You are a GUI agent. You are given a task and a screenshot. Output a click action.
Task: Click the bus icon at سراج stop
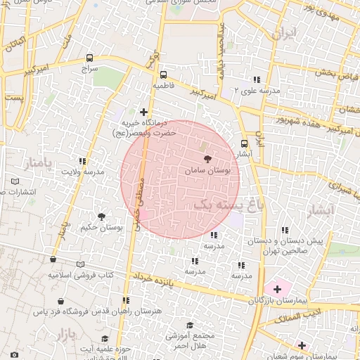point(89,58)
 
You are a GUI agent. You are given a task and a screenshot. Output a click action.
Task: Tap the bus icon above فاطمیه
point(163,74)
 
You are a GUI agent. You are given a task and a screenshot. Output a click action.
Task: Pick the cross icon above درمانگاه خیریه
point(143,112)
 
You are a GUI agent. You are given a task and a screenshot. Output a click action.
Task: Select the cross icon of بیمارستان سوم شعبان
point(302,345)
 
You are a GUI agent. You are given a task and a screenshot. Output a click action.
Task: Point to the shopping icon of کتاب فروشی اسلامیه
point(53,262)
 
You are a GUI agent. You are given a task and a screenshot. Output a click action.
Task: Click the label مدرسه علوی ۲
point(257,91)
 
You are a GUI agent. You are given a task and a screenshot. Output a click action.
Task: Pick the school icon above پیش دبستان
point(284,231)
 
